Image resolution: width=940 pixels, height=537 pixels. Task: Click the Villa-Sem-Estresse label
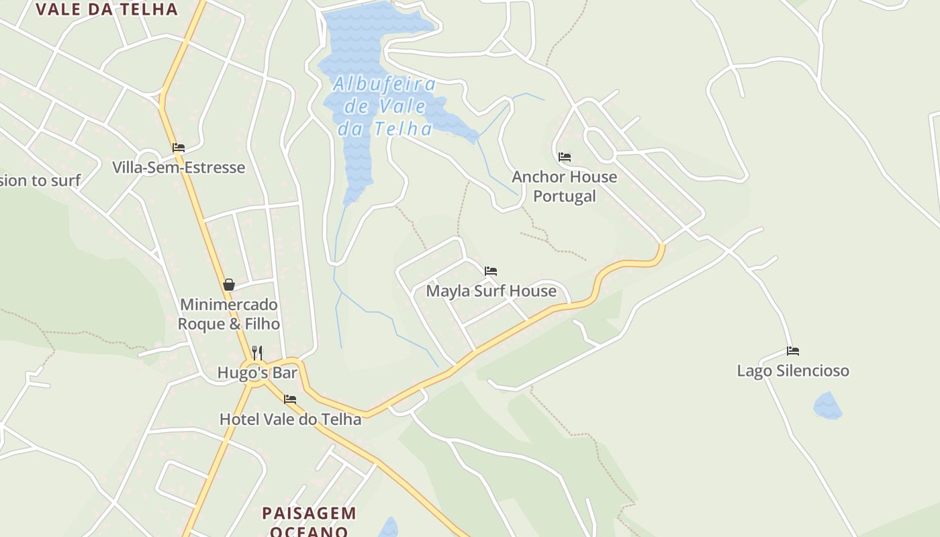coord(178,167)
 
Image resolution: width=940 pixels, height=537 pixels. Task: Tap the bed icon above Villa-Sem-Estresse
coord(178,148)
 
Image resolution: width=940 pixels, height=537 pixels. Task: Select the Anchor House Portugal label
coord(564,186)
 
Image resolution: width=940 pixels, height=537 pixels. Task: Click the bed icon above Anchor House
coord(565,157)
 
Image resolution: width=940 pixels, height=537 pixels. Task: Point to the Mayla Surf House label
coord(491,291)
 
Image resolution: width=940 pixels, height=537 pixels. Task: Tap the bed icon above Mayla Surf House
coord(491,271)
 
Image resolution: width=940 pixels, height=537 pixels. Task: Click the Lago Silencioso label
coord(793,371)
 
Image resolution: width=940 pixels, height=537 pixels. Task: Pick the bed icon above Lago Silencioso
coord(793,351)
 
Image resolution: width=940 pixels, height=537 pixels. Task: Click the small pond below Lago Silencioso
coord(827,406)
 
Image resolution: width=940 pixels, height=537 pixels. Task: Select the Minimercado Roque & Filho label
coord(228,314)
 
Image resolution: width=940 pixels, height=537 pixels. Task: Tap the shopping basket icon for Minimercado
coord(229,285)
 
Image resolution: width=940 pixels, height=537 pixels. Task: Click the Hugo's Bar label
coord(257,373)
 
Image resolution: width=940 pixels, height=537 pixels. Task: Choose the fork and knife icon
coord(257,352)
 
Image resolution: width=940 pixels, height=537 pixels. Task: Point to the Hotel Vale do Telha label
coord(290,419)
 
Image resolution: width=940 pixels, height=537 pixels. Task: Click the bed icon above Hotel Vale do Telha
coord(290,399)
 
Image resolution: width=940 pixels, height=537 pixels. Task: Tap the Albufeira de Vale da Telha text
coord(385,106)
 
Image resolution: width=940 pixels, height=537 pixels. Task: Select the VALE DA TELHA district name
coord(107,9)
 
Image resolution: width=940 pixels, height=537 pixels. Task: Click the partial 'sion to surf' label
coord(40,180)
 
